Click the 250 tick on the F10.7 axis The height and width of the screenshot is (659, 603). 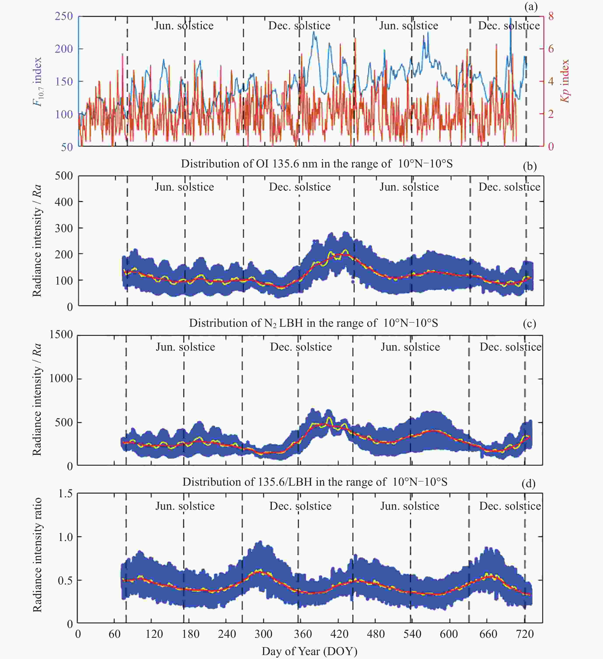(64, 16)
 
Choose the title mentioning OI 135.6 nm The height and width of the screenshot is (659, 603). (317, 163)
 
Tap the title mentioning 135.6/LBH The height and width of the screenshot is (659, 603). (315, 482)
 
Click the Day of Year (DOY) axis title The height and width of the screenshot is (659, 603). (309, 651)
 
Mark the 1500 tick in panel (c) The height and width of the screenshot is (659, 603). (61, 334)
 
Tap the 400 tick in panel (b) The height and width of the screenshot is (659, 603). (64, 202)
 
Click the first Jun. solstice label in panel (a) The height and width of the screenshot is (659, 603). (184, 26)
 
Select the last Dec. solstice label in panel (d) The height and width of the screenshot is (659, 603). (510, 506)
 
